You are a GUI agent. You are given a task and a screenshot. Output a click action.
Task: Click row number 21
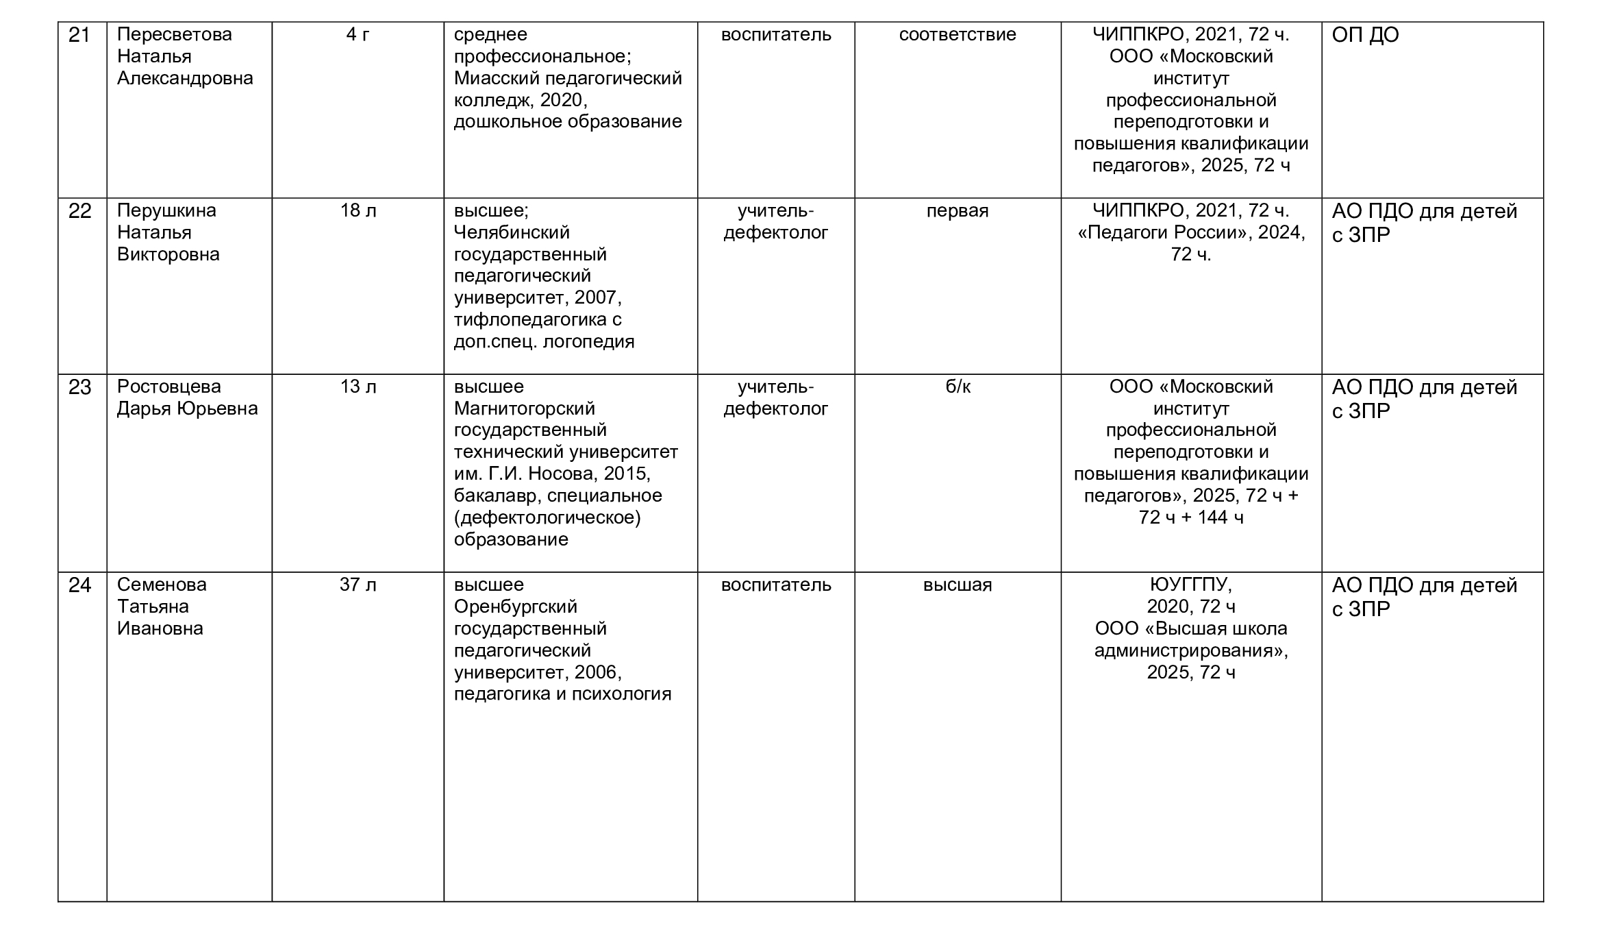tap(79, 35)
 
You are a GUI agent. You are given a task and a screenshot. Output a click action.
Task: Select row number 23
tap(79, 387)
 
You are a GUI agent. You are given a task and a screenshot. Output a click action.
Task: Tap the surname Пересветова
tap(174, 34)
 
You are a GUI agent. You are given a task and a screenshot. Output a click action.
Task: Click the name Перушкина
tap(166, 210)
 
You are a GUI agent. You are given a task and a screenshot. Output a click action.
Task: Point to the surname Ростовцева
tap(168, 387)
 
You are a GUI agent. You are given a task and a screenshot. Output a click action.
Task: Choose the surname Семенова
tap(162, 585)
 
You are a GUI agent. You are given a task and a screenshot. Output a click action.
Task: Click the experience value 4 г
tap(358, 34)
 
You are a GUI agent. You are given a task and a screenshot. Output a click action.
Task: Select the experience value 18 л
tap(358, 210)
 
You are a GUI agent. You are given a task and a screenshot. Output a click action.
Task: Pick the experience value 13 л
tap(358, 387)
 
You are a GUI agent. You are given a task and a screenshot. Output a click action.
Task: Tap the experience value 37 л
tap(358, 585)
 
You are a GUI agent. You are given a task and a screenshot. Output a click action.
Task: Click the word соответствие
tap(957, 34)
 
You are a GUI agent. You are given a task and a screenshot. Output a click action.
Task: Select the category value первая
tap(957, 210)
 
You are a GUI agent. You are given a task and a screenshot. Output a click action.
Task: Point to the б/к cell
tap(958, 387)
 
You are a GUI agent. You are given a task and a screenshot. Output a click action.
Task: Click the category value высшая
tap(957, 585)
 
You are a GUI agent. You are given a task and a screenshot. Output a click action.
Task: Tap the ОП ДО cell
tap(1365, 35)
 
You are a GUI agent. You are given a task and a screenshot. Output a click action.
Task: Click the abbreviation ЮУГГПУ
tap(1190, 585)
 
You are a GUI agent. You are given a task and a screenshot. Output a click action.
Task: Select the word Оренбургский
tap(515, 607)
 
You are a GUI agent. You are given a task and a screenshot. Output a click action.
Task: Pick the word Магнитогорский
tap(524, 408)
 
